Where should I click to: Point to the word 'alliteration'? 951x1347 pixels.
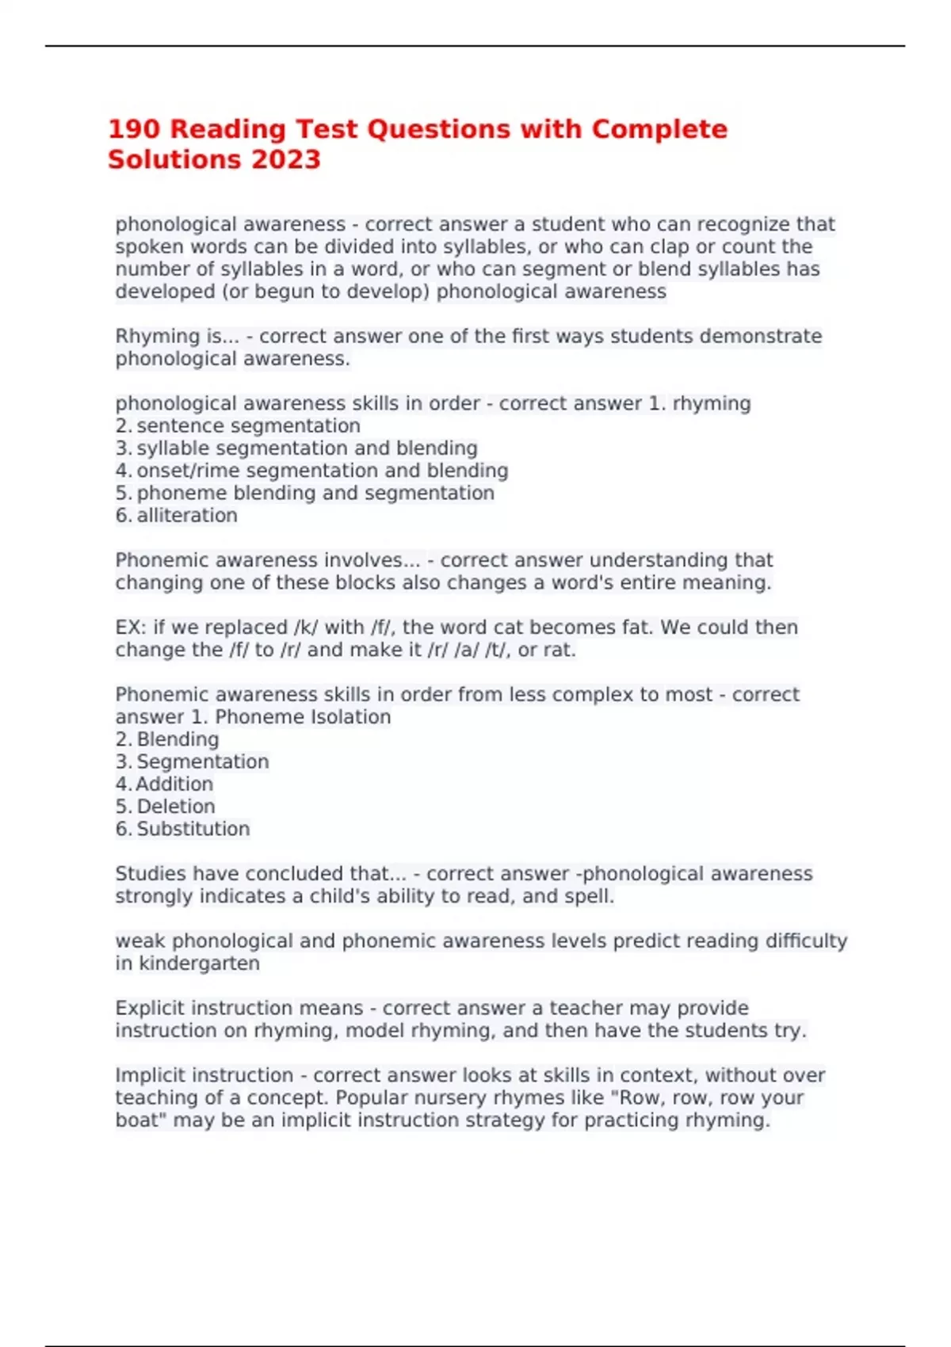click(x=187, y=516)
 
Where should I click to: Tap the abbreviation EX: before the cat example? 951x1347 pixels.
click(x=130, y=628)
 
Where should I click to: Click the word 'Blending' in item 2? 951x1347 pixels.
click(x=178, y=739)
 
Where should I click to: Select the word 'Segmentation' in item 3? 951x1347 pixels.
click(x=203, y=761)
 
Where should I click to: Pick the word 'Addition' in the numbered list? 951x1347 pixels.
click(x=174, y=784)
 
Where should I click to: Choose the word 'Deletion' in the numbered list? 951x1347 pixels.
click(x=176, y=807)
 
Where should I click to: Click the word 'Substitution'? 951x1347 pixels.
click(x=193, y=829)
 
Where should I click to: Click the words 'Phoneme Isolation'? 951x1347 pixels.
click(x=303, y=717)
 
